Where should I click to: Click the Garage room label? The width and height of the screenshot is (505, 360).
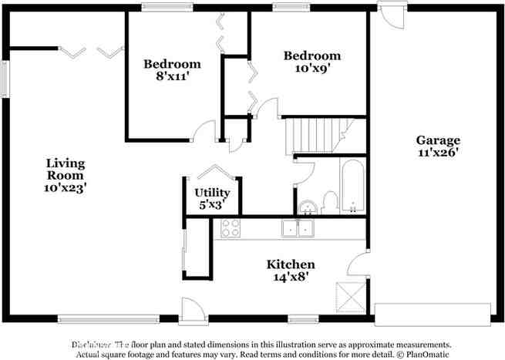tap(438, 140)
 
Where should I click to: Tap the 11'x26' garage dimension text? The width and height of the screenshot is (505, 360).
tap(438, 153)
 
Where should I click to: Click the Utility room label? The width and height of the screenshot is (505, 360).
tap(211, 192)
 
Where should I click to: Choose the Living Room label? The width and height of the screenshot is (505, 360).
tap(65, 170)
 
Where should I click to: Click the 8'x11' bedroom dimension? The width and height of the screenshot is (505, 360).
tap(172, 76)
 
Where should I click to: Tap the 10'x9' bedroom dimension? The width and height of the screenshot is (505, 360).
tap(311, 68)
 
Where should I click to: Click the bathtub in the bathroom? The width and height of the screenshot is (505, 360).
tap(352, 186)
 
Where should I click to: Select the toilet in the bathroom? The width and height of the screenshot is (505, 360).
tap(331, 202)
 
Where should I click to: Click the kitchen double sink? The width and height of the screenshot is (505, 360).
tap(297, 227)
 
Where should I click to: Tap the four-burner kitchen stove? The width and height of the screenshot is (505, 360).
tap(231, 227)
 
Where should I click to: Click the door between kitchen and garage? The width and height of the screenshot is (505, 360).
tap(358, 266)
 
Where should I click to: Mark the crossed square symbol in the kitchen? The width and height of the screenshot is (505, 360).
tap(346, 294)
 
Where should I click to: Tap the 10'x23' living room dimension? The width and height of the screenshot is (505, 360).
tap(65, 188)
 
